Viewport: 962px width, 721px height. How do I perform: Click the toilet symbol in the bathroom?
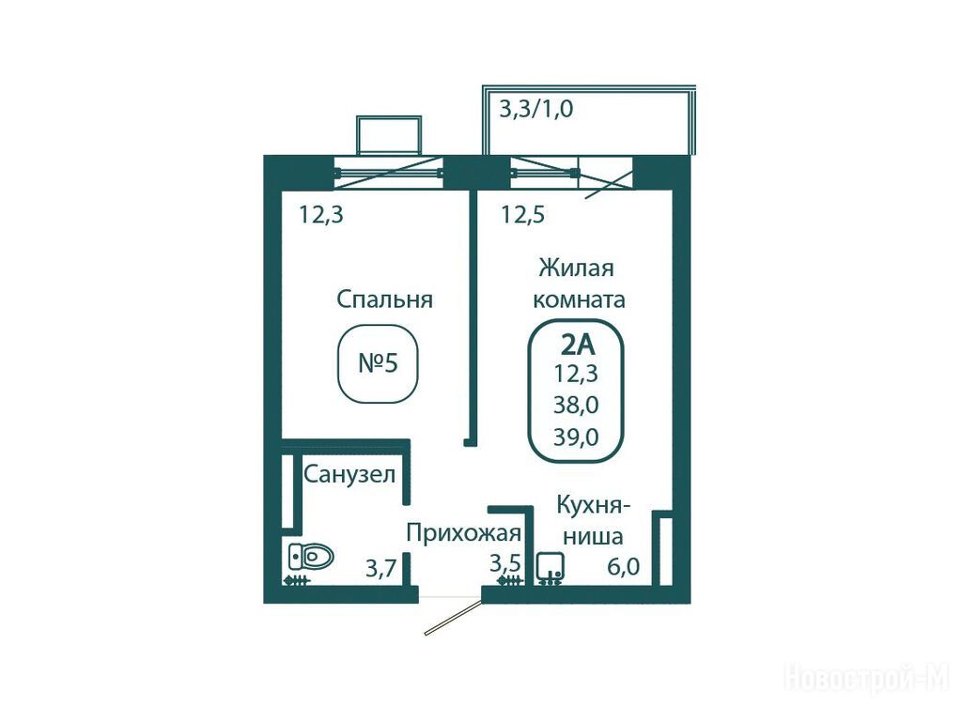tap(310, 557)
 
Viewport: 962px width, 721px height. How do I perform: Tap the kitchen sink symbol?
tap(551, 567)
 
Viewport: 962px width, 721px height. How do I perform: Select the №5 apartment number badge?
tap(378, 363)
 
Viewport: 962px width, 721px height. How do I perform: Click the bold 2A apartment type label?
tap(578, 345)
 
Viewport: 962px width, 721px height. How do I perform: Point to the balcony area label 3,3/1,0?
tap(536, 110)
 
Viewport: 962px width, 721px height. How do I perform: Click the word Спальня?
tap(384, 299)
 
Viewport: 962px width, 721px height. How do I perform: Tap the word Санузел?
tap(349, 474)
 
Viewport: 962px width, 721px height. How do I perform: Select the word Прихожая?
tap(463, 533)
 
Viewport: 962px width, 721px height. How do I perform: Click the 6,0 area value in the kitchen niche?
tap(624, 566)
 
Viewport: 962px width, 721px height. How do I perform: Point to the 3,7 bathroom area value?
tap(381, 568)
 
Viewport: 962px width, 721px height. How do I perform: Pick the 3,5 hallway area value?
tap(504, 563)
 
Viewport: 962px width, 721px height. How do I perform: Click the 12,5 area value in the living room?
tap(522, 215)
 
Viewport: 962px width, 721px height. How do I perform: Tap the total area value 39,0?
tap(576, 437)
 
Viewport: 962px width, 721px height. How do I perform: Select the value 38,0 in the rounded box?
tap(576, 406)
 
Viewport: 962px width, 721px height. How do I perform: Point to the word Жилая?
tap(576, 268)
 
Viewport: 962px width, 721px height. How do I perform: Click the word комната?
tap(579, 300)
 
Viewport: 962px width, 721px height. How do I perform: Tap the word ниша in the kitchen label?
tap(593, 537)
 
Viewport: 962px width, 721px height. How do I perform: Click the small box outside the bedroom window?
tap(389, 135)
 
